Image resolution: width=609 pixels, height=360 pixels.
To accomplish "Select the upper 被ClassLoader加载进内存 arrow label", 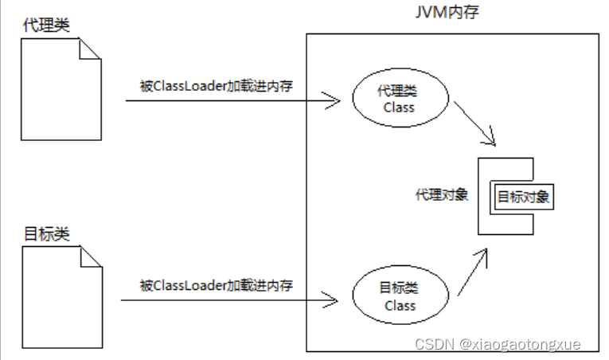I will [x=216, y=86].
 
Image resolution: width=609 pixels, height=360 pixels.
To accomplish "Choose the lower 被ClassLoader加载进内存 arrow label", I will [x=216, y=284].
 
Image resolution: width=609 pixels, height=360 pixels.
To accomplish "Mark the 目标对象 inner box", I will [x=524, y=196].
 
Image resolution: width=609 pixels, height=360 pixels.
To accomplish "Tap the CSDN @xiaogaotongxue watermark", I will [x=498, y=344].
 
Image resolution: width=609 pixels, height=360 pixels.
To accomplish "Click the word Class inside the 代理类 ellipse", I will [x=399, y=108].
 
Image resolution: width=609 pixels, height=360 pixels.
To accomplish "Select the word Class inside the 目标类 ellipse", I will [x=400, y=306].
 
